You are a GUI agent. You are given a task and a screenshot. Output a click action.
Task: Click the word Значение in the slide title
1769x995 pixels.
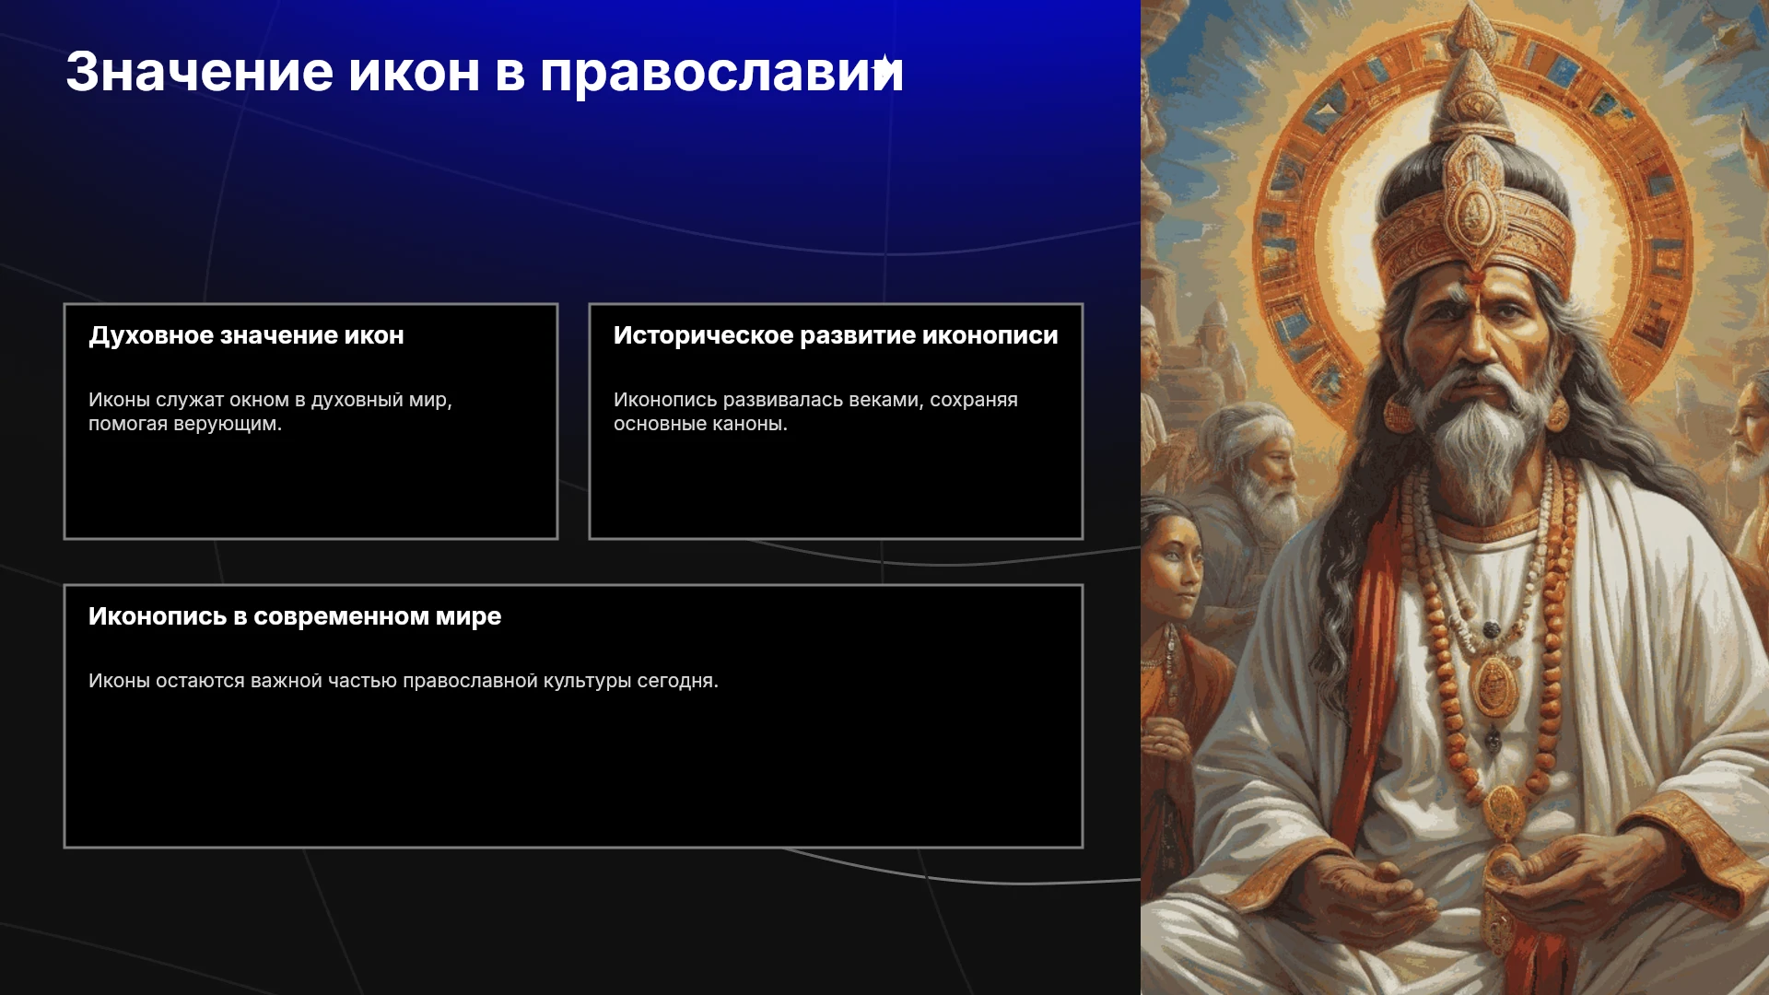tap(199, 72)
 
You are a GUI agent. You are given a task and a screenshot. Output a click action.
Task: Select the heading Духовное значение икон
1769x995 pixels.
tap(246, 336)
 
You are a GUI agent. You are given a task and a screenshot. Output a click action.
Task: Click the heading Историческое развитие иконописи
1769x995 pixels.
tap(836, 336)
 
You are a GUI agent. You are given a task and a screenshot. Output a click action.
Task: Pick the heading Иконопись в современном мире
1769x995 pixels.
tap(295, 616)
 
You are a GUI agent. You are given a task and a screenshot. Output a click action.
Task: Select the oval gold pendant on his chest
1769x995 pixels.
tap(1494, 686)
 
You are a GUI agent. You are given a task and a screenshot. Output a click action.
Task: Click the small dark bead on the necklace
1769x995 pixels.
tap(1491, 630)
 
